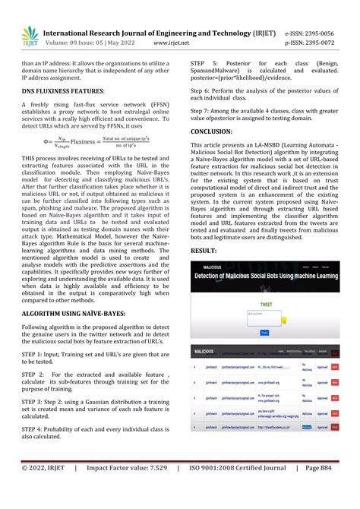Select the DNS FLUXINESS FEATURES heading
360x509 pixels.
(63, 111)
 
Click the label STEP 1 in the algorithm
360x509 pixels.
(33, 353)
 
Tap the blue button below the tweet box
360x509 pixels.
(264, 332)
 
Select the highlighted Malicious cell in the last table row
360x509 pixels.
(306, 428)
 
